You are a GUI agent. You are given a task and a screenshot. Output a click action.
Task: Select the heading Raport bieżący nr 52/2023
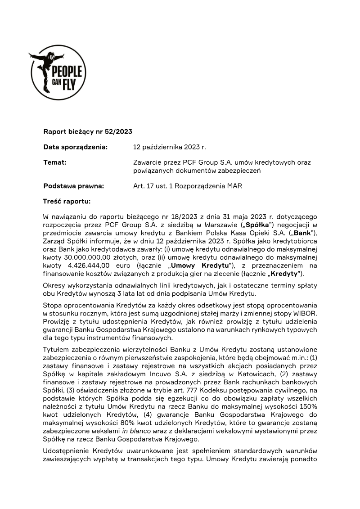point(88,132)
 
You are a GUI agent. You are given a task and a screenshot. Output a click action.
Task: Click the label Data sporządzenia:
point(76,147)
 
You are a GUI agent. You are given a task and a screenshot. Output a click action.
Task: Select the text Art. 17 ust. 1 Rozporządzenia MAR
point(188,186)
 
